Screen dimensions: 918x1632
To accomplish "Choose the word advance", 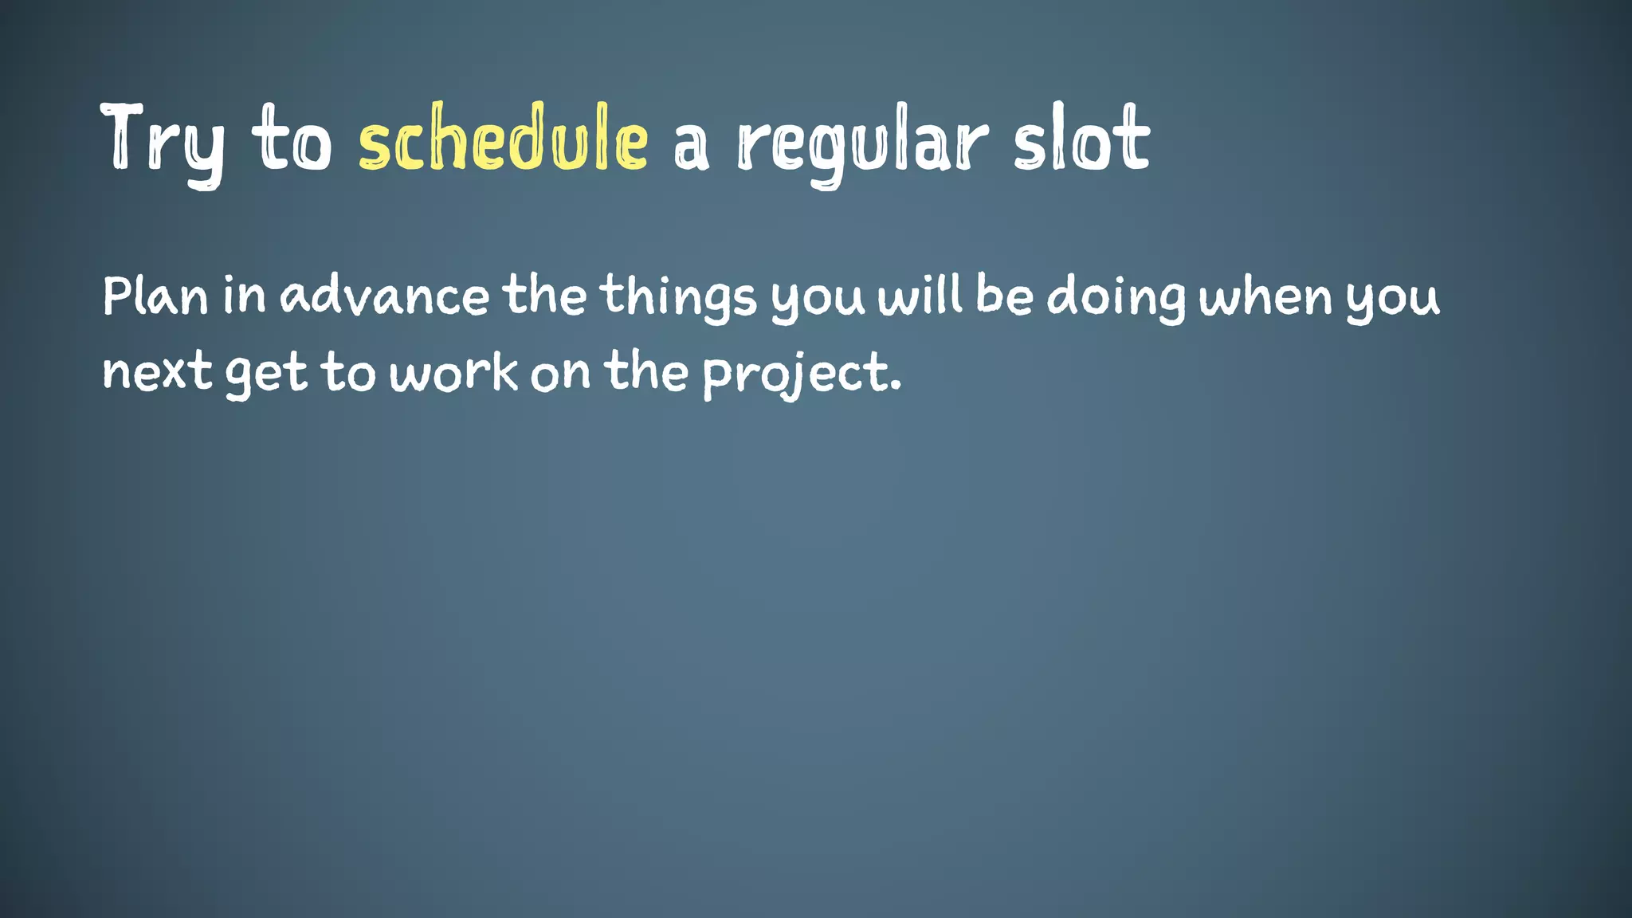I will pos(384,296).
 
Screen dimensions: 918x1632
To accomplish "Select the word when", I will pos(1265,296).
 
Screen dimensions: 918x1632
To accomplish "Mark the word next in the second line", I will pos(157,373).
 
